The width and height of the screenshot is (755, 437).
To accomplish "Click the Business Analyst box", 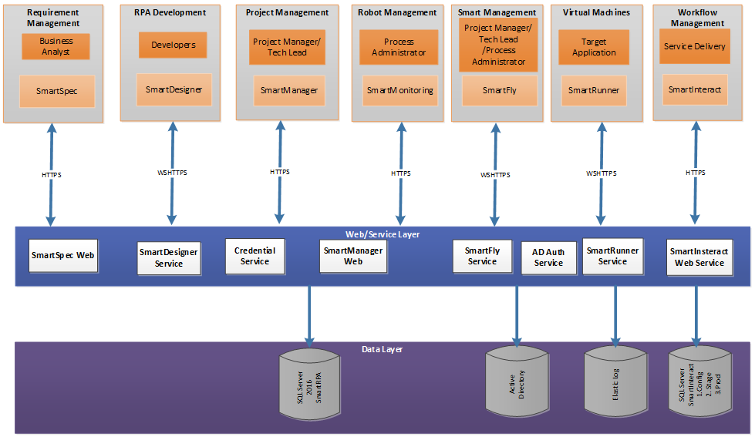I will pos(56,47).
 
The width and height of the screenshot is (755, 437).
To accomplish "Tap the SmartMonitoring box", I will pos(399,90).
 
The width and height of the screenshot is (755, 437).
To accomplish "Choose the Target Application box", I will pos(594,48).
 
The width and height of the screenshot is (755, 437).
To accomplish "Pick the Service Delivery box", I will pos(694,46).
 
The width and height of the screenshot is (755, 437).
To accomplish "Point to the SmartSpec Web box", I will pos(63,254).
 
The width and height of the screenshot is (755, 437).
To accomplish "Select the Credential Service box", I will pos(254,256).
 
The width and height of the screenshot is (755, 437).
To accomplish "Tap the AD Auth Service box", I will pos(548,257).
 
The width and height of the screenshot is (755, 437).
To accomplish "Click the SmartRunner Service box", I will pos(612,256).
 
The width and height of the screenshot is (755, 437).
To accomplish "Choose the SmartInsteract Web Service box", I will pos(699,257).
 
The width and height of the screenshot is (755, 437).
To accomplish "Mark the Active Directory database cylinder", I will pos(517,380).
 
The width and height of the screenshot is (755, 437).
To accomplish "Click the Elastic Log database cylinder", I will pos(615,380).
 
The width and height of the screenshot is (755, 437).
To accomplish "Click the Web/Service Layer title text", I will pos(382,234).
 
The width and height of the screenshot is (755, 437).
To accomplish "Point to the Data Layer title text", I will pos(382,349).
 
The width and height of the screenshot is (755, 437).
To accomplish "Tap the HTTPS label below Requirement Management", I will pos(52,175).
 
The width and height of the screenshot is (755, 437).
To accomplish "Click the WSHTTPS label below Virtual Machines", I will pos(601,173).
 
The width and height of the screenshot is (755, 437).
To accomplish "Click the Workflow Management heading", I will pos(695,18).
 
